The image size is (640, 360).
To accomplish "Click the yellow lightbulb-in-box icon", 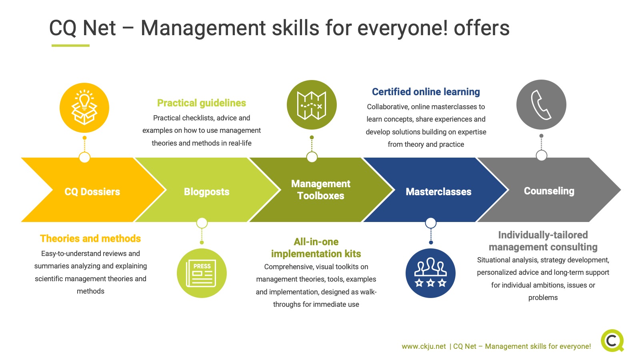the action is (x=84, y=108).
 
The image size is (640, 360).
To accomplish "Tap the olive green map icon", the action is (x=312, y=105).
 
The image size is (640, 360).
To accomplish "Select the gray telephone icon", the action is (x=541, y=104).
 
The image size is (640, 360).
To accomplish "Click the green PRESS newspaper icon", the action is (x=202, y=273).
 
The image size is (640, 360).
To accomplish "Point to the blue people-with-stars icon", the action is (x=430, y=273).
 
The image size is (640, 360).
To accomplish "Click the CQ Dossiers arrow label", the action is (x=92, y=192).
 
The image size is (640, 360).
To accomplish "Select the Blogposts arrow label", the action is (x=206, y=192).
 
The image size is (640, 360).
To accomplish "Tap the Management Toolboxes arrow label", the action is (x=320, y=190).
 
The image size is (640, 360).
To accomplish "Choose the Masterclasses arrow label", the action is (x=438, y=192).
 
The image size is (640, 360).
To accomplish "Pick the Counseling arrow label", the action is (x=549, y=191).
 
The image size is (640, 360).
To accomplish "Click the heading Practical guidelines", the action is (x=202, y=103).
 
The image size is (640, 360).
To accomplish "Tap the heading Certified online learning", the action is (x=426, y=92).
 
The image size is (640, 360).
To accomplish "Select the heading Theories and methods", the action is (x=90, y=238).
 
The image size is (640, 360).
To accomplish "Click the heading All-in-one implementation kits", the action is (x=316, y=248).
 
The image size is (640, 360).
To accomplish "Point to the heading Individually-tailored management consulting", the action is (x=543, y=241).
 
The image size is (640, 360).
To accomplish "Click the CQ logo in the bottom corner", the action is (x=612, y=340).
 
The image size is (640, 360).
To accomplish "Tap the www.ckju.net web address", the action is (x=424, y=346).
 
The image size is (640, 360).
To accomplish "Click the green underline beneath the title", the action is (x=70, y=46).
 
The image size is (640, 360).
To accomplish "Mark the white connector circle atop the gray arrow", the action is (x=542, y=156).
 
